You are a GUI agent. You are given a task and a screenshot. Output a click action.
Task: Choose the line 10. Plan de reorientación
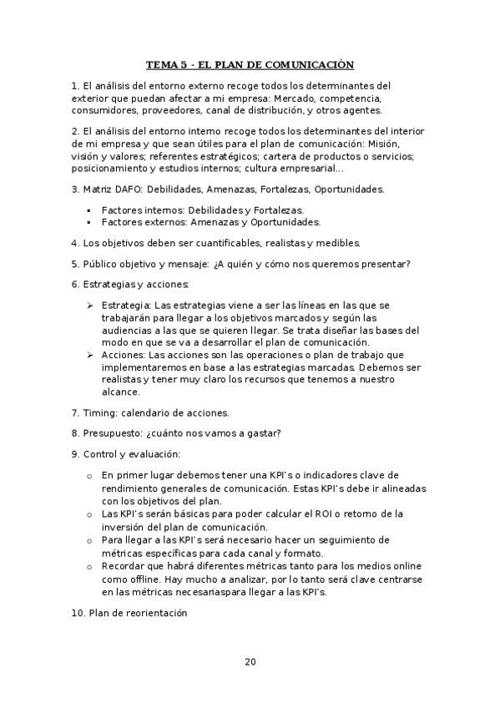(129, 613)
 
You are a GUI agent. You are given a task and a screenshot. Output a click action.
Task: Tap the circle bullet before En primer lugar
(88, 475)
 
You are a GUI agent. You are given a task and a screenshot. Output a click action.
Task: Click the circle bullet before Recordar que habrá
(88, 566)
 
